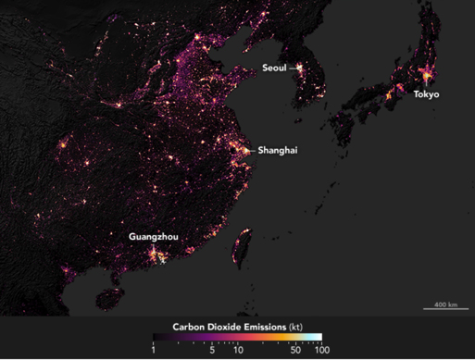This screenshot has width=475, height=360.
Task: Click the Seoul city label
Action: pos(273,68)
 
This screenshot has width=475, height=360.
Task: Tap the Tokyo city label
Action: pos(426,94)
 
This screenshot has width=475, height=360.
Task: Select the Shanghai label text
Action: pos(278,149)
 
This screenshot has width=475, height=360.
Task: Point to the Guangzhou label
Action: pos(153,237)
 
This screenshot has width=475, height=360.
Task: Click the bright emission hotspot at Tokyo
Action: pos(425,81)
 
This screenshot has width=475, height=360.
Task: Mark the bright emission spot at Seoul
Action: pos(300,68)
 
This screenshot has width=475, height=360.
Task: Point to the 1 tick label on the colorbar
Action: pos(152,350)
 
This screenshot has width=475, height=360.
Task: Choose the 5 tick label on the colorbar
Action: pos(212,350)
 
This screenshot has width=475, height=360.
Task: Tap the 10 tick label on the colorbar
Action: pos(238,350)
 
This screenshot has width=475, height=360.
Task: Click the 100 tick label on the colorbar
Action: pos(321,350)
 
